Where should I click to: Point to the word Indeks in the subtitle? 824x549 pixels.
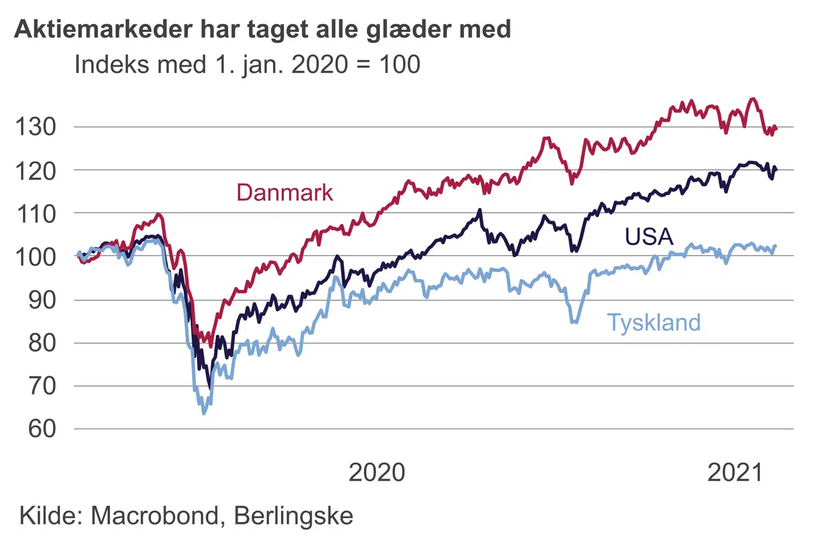[107, 64]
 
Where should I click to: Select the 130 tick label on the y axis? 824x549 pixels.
[36, 127]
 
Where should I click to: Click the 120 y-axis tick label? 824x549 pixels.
[36, 170]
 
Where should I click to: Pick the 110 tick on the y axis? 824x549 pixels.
[36, 214]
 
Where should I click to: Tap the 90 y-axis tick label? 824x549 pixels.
[42, 300]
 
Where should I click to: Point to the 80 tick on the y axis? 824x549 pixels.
[42, 343]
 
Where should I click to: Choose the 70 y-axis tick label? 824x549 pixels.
[42, 386]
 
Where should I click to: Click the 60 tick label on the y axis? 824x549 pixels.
[42, 429]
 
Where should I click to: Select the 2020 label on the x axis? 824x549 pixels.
[377, 473]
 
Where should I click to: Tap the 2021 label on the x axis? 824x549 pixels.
[735, 473]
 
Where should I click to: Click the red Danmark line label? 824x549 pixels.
[284, 193]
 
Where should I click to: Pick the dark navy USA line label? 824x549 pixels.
[649, 237]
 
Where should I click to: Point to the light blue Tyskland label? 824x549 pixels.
[653, 323]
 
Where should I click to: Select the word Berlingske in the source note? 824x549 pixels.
[294, 516]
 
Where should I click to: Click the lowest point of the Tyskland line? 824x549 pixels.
[204, 413]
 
